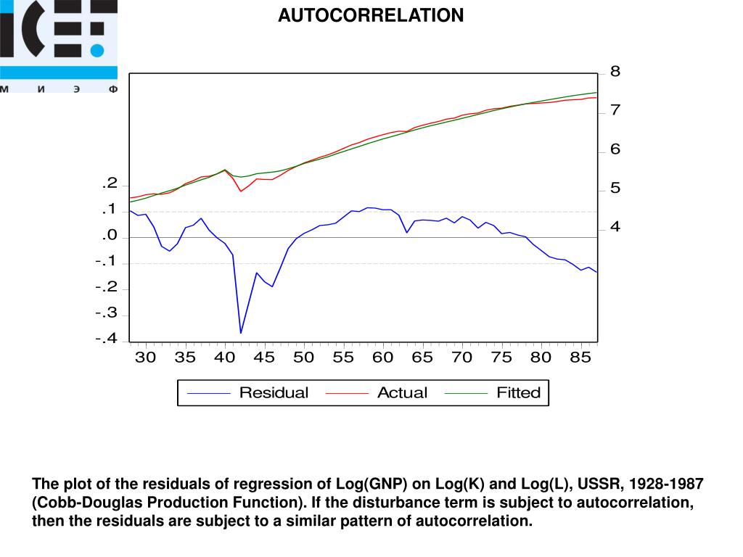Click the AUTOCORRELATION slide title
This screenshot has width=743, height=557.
[x=371, y=15]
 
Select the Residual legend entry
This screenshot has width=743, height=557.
[x=274, y=393]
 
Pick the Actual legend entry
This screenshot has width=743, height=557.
[x=402, y=393]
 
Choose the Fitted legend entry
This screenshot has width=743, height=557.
[x=518, y=393]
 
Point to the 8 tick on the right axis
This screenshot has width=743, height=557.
[x=615, y=72]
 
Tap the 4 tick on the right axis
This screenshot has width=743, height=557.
[x=615, y=228]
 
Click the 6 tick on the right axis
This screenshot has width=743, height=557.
[x=615, y=150]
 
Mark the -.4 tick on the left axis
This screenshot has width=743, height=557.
[x=106, y=339]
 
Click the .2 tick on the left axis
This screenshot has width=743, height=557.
[x=110, y=184]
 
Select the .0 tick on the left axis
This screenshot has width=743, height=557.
[x=110, y=236]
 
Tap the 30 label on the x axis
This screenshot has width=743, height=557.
[x=145, y=358]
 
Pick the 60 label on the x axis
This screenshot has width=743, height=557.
[x=382, y=358]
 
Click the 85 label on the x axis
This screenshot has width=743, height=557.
[x=580, y=358]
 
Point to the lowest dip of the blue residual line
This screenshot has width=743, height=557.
[x=241, y=333]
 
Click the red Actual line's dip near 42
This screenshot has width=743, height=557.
[x=241, y=191]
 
